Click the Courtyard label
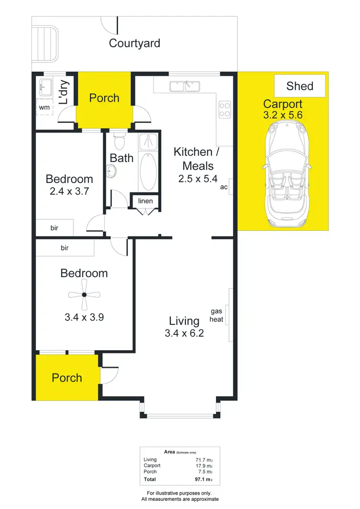coord(134,43)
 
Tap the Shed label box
coord(300,86)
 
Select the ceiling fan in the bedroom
coord(84,295)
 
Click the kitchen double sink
coord(185,86)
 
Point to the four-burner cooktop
coord(224,110)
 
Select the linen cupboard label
coord(145,201)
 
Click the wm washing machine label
coord(44,107)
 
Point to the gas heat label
coord(216,315)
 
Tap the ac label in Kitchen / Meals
coord(224,187)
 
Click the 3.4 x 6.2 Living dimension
coord(184,332)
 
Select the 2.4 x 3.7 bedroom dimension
coord(69,191)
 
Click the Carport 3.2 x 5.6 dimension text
coord(283,115)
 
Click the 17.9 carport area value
coord(203,465)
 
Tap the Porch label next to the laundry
coord(104,98)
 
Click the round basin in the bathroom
coord(111,171)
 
